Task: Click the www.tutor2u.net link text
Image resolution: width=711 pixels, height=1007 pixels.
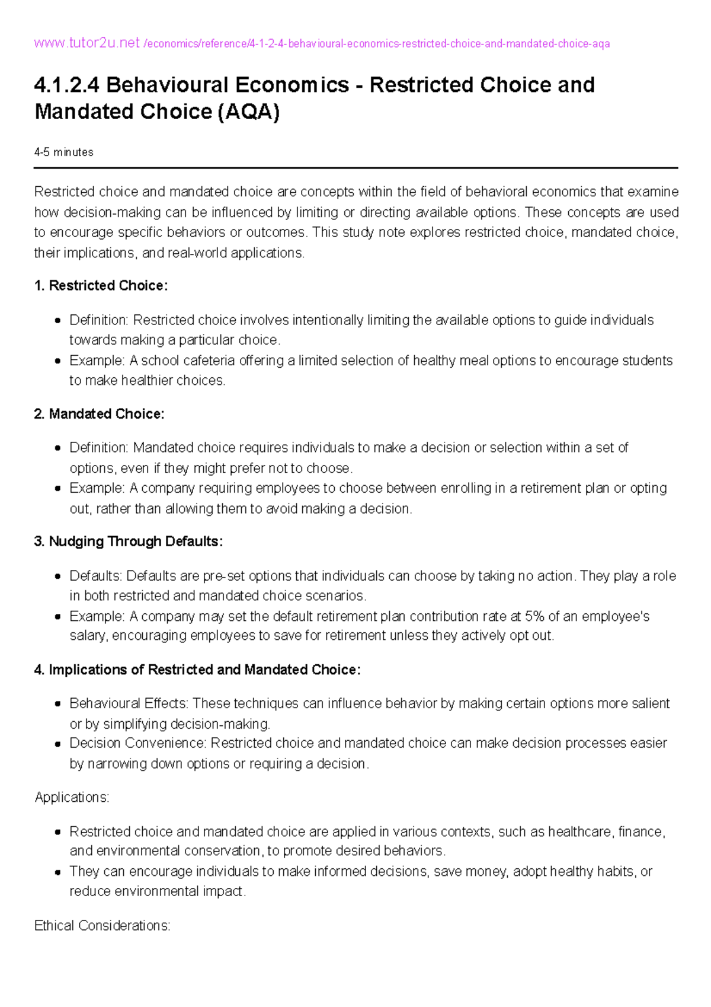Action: (87, 43)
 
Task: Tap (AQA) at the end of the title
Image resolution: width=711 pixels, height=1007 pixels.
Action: (249, 111)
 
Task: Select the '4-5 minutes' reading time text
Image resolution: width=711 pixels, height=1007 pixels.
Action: (64, 152)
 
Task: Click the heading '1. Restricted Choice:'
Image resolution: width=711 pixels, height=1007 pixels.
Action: (101, 286)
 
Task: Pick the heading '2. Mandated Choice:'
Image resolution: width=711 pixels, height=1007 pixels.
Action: (100, 414)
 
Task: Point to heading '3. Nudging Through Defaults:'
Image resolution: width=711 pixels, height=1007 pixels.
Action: (129, 541)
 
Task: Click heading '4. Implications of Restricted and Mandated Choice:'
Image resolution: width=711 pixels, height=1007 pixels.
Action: (197, 670)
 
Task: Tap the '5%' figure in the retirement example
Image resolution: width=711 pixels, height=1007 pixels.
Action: (534, 616)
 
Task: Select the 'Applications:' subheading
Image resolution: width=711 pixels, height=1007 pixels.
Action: (72, 797)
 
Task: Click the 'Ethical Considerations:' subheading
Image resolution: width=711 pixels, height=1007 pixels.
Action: (103, 925)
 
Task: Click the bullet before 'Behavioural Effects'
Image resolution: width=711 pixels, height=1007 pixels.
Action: (57, 704)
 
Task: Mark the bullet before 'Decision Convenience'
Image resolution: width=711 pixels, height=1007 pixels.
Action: (57, 744)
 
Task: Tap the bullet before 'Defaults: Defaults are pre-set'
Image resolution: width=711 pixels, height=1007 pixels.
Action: (57, 576)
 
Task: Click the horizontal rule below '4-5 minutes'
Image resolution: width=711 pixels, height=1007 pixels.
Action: (355, 168)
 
